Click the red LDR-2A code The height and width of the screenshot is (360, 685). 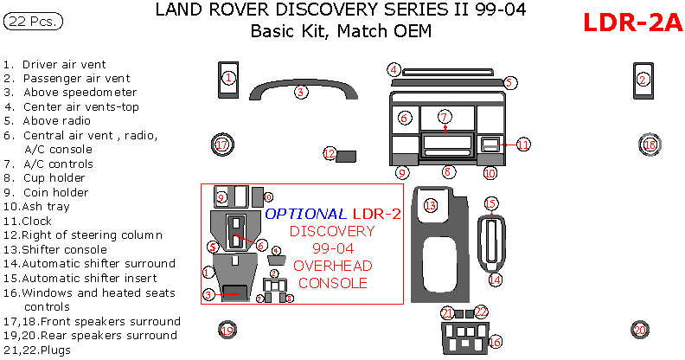point(632,23)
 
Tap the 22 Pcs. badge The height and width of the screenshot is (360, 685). point(33,22)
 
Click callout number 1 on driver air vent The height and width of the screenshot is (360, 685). point(227,79)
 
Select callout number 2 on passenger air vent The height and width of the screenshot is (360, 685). point(643,79)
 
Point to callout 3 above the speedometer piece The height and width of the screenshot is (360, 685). point(300,92)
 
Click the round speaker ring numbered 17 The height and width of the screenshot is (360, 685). point(222,145)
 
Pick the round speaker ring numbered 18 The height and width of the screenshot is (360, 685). point(650,145)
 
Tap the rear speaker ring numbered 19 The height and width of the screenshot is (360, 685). point(226,330)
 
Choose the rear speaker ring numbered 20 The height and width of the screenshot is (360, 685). point(639,330)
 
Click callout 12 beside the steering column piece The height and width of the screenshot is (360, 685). point(330,153)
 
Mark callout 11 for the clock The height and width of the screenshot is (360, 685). point(523,145)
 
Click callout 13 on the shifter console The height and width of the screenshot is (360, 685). point(431,205)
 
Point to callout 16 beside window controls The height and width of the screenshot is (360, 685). point(495,343)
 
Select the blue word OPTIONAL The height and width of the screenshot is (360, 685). point(305,214)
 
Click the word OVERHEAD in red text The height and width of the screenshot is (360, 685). point(333,267)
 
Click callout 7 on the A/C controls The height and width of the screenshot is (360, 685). point(445,116)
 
